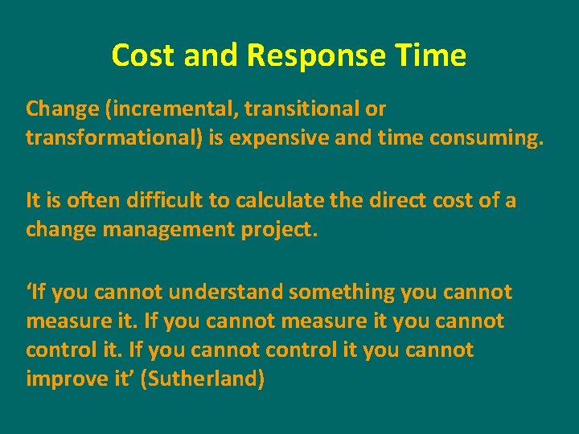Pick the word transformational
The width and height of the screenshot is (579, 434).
tap(116, 138)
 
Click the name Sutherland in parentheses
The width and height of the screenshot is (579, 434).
tap(203, 379)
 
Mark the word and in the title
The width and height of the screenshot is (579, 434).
tap(211, 55)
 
